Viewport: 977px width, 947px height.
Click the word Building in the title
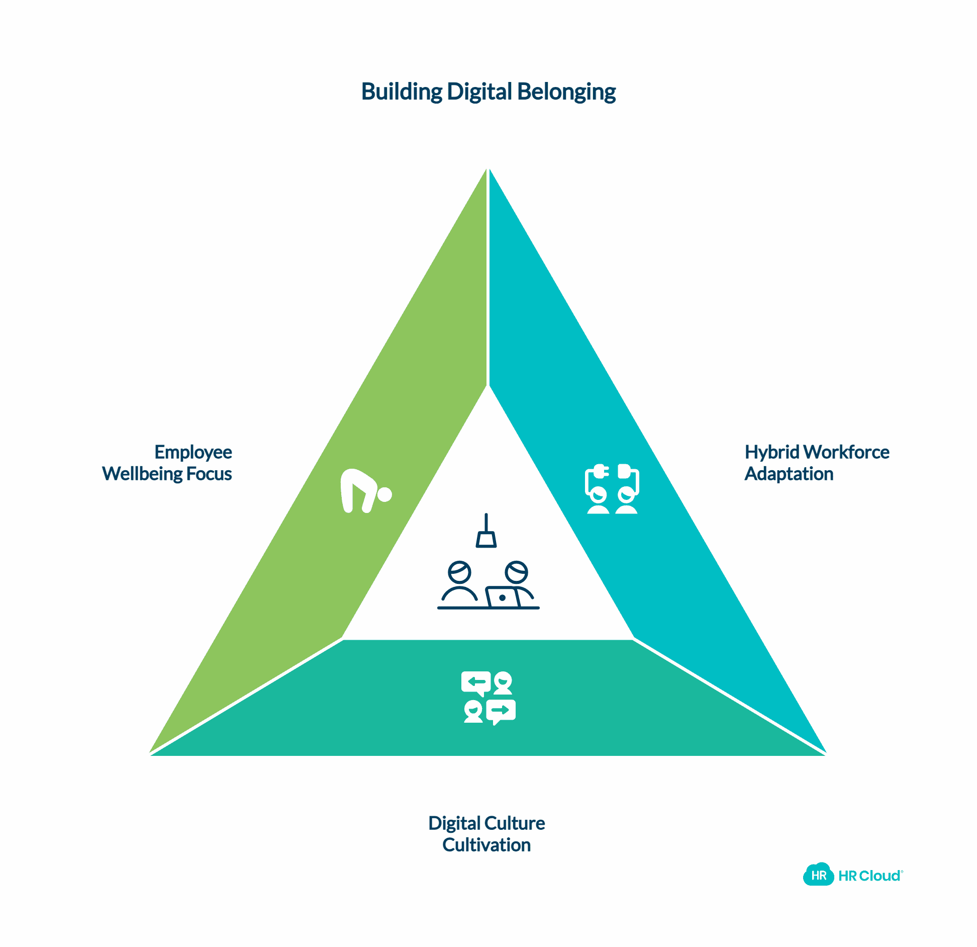(x=401, y=92)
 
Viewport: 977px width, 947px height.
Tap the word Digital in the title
(x=479, y=92)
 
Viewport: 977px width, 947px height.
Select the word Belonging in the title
(x=566, y=92)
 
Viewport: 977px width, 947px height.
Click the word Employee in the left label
(x=193, y=452)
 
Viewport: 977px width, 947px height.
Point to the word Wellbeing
(x=142, y=474)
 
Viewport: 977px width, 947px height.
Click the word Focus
(x=209, y=474)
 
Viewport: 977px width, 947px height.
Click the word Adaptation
(x=789, y=474)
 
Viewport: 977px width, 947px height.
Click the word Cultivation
(x=486, y=845)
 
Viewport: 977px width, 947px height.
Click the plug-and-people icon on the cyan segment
(x=612, y=489)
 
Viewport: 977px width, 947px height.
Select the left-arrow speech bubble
(x=475, y=682)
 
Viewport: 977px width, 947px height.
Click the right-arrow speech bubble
(x=501, y=711)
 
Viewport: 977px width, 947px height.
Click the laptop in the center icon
(x=502, y=597)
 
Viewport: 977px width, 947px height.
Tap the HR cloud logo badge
(x=818, y=876)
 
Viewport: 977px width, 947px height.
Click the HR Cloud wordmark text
(x=870, y=876)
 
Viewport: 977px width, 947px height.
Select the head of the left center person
(x=459, y=572)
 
